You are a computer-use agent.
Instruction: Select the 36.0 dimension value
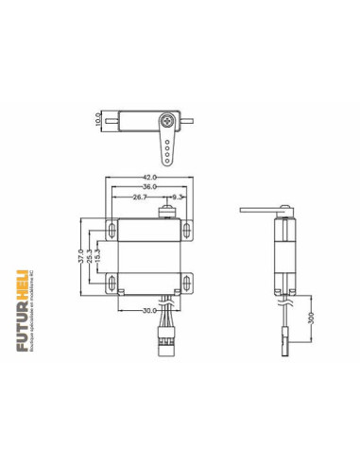[x=151, y=187]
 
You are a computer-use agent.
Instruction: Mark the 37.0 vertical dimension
[x=79, y=254]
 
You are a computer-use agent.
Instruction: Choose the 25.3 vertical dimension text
[x=89, y=254]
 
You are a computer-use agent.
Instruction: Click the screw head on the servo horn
[x=167, y=120]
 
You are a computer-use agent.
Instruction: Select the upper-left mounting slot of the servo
[x=111, y=230]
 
